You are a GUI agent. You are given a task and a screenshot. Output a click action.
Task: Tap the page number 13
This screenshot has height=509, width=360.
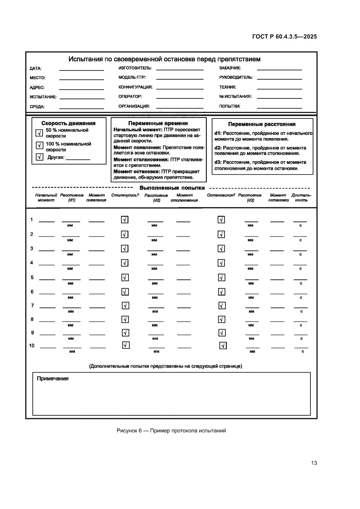click(x=314, y=463)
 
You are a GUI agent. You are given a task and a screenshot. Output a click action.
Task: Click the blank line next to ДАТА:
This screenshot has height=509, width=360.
click(x=81, y=69)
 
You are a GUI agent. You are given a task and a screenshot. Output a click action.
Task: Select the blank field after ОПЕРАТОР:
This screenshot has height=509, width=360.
click(x=179, y=97)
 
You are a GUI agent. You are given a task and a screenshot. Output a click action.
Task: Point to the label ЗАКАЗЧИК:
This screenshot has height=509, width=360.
click(x=230, y=68)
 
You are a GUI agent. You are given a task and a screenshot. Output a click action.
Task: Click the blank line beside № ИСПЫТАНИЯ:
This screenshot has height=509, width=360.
click(x=279, y=97)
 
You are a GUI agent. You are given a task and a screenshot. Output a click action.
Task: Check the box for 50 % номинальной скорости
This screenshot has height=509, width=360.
click(x=38, y=133)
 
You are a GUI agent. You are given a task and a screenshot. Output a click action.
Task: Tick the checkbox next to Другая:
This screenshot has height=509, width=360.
click(x=38, y=157)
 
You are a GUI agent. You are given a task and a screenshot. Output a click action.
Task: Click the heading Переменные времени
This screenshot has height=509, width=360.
click(x=158, y=123)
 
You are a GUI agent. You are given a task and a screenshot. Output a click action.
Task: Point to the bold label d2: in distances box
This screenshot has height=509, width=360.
click(x=218, y=148)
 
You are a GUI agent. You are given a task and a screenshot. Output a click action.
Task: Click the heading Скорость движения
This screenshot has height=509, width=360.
click(x=68, y=123)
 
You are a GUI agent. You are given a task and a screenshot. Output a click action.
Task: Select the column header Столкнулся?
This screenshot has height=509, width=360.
click(x=125, y=195)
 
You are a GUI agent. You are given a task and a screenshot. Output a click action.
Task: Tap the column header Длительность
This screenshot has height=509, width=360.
click(x=301, y=198)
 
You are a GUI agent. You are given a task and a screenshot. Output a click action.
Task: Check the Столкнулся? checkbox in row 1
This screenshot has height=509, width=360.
click(x=124, y=220)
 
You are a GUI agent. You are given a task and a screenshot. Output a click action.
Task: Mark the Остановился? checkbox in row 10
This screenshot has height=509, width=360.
click(x=223, y=346)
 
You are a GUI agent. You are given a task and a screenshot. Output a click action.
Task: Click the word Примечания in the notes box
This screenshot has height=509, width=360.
click(x=53, y=378)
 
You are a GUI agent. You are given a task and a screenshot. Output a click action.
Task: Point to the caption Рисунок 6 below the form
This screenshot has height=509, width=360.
click(x=171, y=431)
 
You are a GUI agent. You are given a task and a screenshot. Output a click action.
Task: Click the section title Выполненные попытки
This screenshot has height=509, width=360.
click(x=172, y=188)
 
